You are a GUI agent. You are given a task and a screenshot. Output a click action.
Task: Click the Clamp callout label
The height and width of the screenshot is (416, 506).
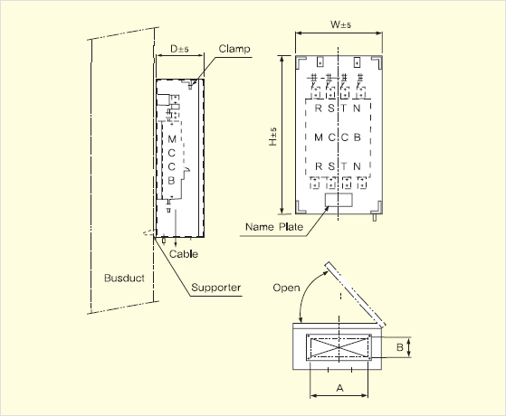point(234,49)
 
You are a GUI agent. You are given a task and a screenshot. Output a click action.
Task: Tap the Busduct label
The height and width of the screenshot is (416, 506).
point(124,278)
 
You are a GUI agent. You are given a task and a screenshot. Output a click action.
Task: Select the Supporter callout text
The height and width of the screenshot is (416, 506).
point(216,288)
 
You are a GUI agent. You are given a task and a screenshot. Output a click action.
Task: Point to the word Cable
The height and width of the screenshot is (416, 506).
point(184,254)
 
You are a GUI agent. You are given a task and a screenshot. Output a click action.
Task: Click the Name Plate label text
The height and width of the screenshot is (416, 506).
point(274,227)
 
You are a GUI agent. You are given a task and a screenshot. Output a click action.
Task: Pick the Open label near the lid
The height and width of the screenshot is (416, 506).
point(286,288)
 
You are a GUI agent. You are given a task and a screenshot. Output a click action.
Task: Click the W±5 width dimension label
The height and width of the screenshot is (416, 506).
point(340,24)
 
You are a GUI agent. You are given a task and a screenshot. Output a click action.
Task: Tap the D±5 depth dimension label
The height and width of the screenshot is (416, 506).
point(179,49)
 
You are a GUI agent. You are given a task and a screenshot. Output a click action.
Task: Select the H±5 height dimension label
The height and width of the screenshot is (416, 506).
point(273,137)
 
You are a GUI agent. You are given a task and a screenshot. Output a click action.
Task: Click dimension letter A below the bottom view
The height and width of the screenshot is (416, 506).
point(339,388)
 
